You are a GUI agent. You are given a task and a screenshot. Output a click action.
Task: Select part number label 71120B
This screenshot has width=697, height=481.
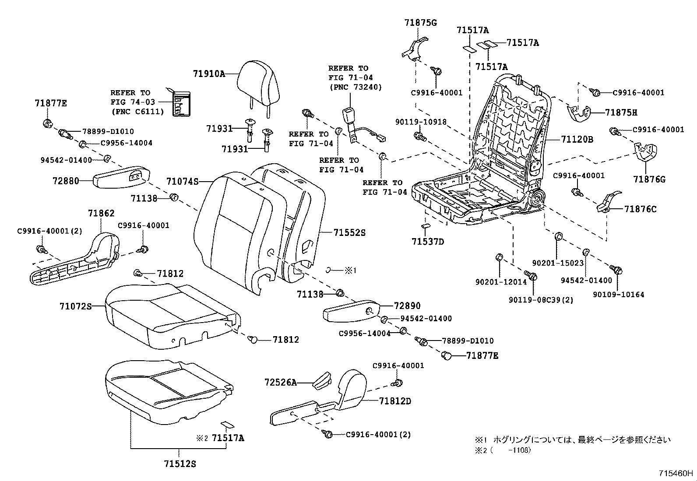(x=577, y=140)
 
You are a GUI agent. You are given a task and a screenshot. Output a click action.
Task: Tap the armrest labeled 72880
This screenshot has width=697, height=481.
(x=121, y=178)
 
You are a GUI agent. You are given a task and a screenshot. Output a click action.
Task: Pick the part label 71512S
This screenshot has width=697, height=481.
(x=180, y=463)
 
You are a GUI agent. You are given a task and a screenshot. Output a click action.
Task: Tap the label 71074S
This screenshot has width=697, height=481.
(x=183, y=181)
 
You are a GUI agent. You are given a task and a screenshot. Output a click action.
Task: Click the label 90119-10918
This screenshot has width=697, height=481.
(x=420, y=122)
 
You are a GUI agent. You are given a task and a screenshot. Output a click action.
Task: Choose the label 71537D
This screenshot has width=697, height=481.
(x=428, y=242)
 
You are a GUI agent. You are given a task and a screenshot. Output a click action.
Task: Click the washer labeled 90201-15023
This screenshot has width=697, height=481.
(x=559, y=237)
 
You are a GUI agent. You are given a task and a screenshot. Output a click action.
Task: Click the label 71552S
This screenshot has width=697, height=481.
(x=349, y=233)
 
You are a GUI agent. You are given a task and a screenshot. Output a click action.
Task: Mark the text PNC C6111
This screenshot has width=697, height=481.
(x=137, y=112)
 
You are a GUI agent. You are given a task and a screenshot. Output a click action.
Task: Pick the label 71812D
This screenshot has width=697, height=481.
(x=395, y=401)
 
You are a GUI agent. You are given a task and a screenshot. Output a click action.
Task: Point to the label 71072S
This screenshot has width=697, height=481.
(x=75, y=306)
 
